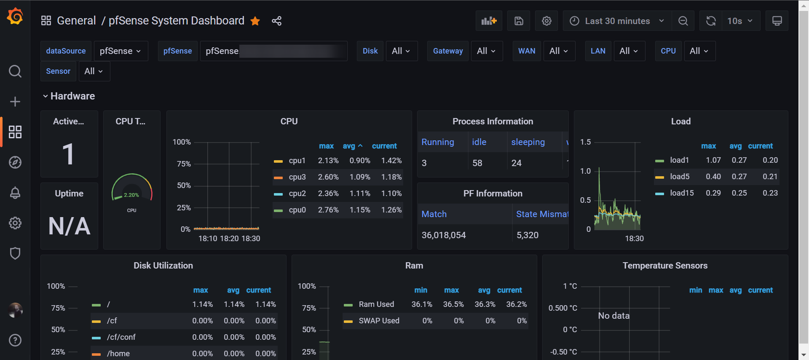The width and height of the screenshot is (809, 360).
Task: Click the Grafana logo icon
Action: [15, 16]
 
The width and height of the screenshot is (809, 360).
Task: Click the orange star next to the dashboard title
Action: [255, 21]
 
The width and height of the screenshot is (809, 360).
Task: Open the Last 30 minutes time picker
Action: [617, 21]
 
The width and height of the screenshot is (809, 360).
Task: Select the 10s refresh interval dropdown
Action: [739, 21]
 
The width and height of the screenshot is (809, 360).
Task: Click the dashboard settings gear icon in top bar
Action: [546, 21]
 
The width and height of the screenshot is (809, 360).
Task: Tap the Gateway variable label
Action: [447, 51]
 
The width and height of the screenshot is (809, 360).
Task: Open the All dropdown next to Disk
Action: [400, 51]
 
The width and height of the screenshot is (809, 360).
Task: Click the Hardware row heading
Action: [72, 96]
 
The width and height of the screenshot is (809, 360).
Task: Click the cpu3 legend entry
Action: [297, 177]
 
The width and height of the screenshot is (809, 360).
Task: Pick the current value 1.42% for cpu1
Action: [391, 161]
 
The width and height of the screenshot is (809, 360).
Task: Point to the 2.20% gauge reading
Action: [131, 195]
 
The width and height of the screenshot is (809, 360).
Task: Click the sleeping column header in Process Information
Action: [528, 142]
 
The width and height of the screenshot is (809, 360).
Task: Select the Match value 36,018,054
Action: [443, 235]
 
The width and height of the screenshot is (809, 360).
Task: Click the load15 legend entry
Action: [681, 193]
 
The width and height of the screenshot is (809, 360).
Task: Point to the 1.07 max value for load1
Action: [713, 160]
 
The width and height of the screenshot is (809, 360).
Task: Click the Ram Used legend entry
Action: [376, 304]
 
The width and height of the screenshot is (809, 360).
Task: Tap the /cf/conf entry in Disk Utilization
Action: [121, 337]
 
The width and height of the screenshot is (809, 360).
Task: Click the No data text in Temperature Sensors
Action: [613, 316]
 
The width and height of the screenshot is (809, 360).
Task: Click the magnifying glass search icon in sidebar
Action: [15, 71]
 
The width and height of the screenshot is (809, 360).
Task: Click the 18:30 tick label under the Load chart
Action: [634, 239]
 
